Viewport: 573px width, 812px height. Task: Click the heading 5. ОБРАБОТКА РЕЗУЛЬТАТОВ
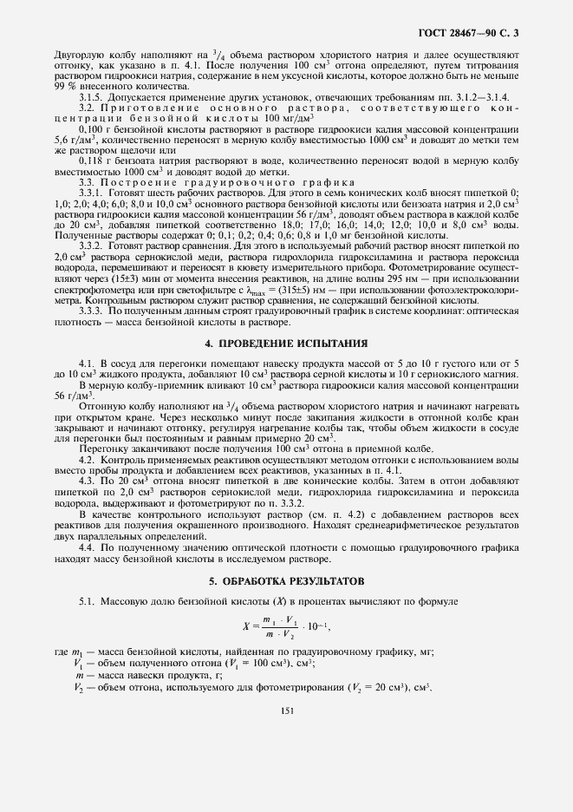[x=286, y=580]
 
